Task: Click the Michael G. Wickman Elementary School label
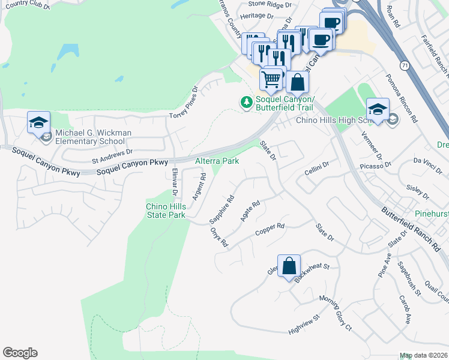tap(93, 137)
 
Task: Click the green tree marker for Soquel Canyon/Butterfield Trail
tap(246, 103)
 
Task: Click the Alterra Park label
tap(217, 161)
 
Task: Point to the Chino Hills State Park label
tap(166, 211)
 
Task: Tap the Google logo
tap(20, 353)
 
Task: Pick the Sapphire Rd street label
tap(221, 209)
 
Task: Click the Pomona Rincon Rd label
tap(401, 96)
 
